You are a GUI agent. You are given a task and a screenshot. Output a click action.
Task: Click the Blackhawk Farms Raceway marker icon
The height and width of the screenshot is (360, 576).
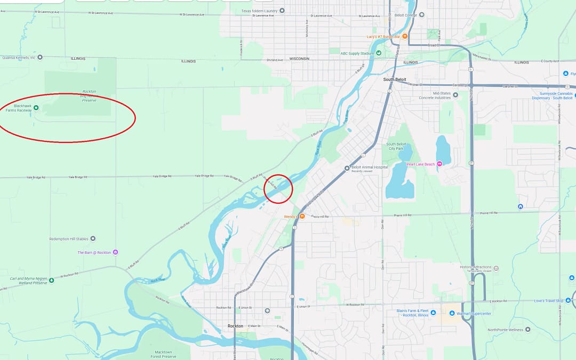[36, 108]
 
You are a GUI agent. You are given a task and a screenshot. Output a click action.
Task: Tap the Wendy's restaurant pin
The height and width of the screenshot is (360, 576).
[302, 216]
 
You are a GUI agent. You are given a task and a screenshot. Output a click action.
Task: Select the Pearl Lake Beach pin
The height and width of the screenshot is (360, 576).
[439, 164]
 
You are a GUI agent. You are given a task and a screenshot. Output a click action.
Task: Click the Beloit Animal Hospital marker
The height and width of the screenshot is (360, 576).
[347, 167]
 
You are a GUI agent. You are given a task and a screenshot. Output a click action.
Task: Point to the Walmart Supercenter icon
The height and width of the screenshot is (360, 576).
[453, 313]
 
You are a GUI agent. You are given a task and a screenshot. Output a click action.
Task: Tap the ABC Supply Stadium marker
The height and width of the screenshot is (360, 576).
[379, 53]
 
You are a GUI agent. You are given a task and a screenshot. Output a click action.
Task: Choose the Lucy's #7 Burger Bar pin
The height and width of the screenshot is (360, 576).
[405, 36]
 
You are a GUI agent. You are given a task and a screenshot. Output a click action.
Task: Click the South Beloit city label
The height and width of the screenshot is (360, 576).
[395, 79]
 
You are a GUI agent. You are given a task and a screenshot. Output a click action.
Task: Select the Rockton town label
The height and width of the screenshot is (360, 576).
[235, 326]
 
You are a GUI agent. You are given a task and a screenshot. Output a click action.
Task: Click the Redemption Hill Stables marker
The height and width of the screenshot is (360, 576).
[93, 238]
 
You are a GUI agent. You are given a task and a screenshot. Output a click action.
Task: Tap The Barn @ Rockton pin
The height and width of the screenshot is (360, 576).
[115, 252]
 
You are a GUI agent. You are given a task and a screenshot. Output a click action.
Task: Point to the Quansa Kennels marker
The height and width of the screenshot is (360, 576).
[39, 57]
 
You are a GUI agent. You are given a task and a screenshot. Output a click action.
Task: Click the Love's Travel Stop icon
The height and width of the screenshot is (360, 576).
[568, 301]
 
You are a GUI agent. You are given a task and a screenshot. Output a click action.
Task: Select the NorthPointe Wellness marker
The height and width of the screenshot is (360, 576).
[527, 330]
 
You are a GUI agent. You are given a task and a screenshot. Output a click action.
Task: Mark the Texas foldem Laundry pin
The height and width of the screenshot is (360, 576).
[282, 11]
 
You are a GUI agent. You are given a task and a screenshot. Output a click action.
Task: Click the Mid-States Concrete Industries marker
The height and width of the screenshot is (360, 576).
[455, 95]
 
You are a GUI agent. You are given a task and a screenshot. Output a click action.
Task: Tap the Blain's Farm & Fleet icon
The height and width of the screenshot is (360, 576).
[433, 313]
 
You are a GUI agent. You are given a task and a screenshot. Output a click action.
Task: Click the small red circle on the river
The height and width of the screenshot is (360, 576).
[278, 189]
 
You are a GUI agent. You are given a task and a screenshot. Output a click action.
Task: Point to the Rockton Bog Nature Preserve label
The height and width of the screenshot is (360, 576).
[89, 95]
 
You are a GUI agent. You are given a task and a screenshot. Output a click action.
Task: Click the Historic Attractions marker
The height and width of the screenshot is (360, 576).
[496, 268]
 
